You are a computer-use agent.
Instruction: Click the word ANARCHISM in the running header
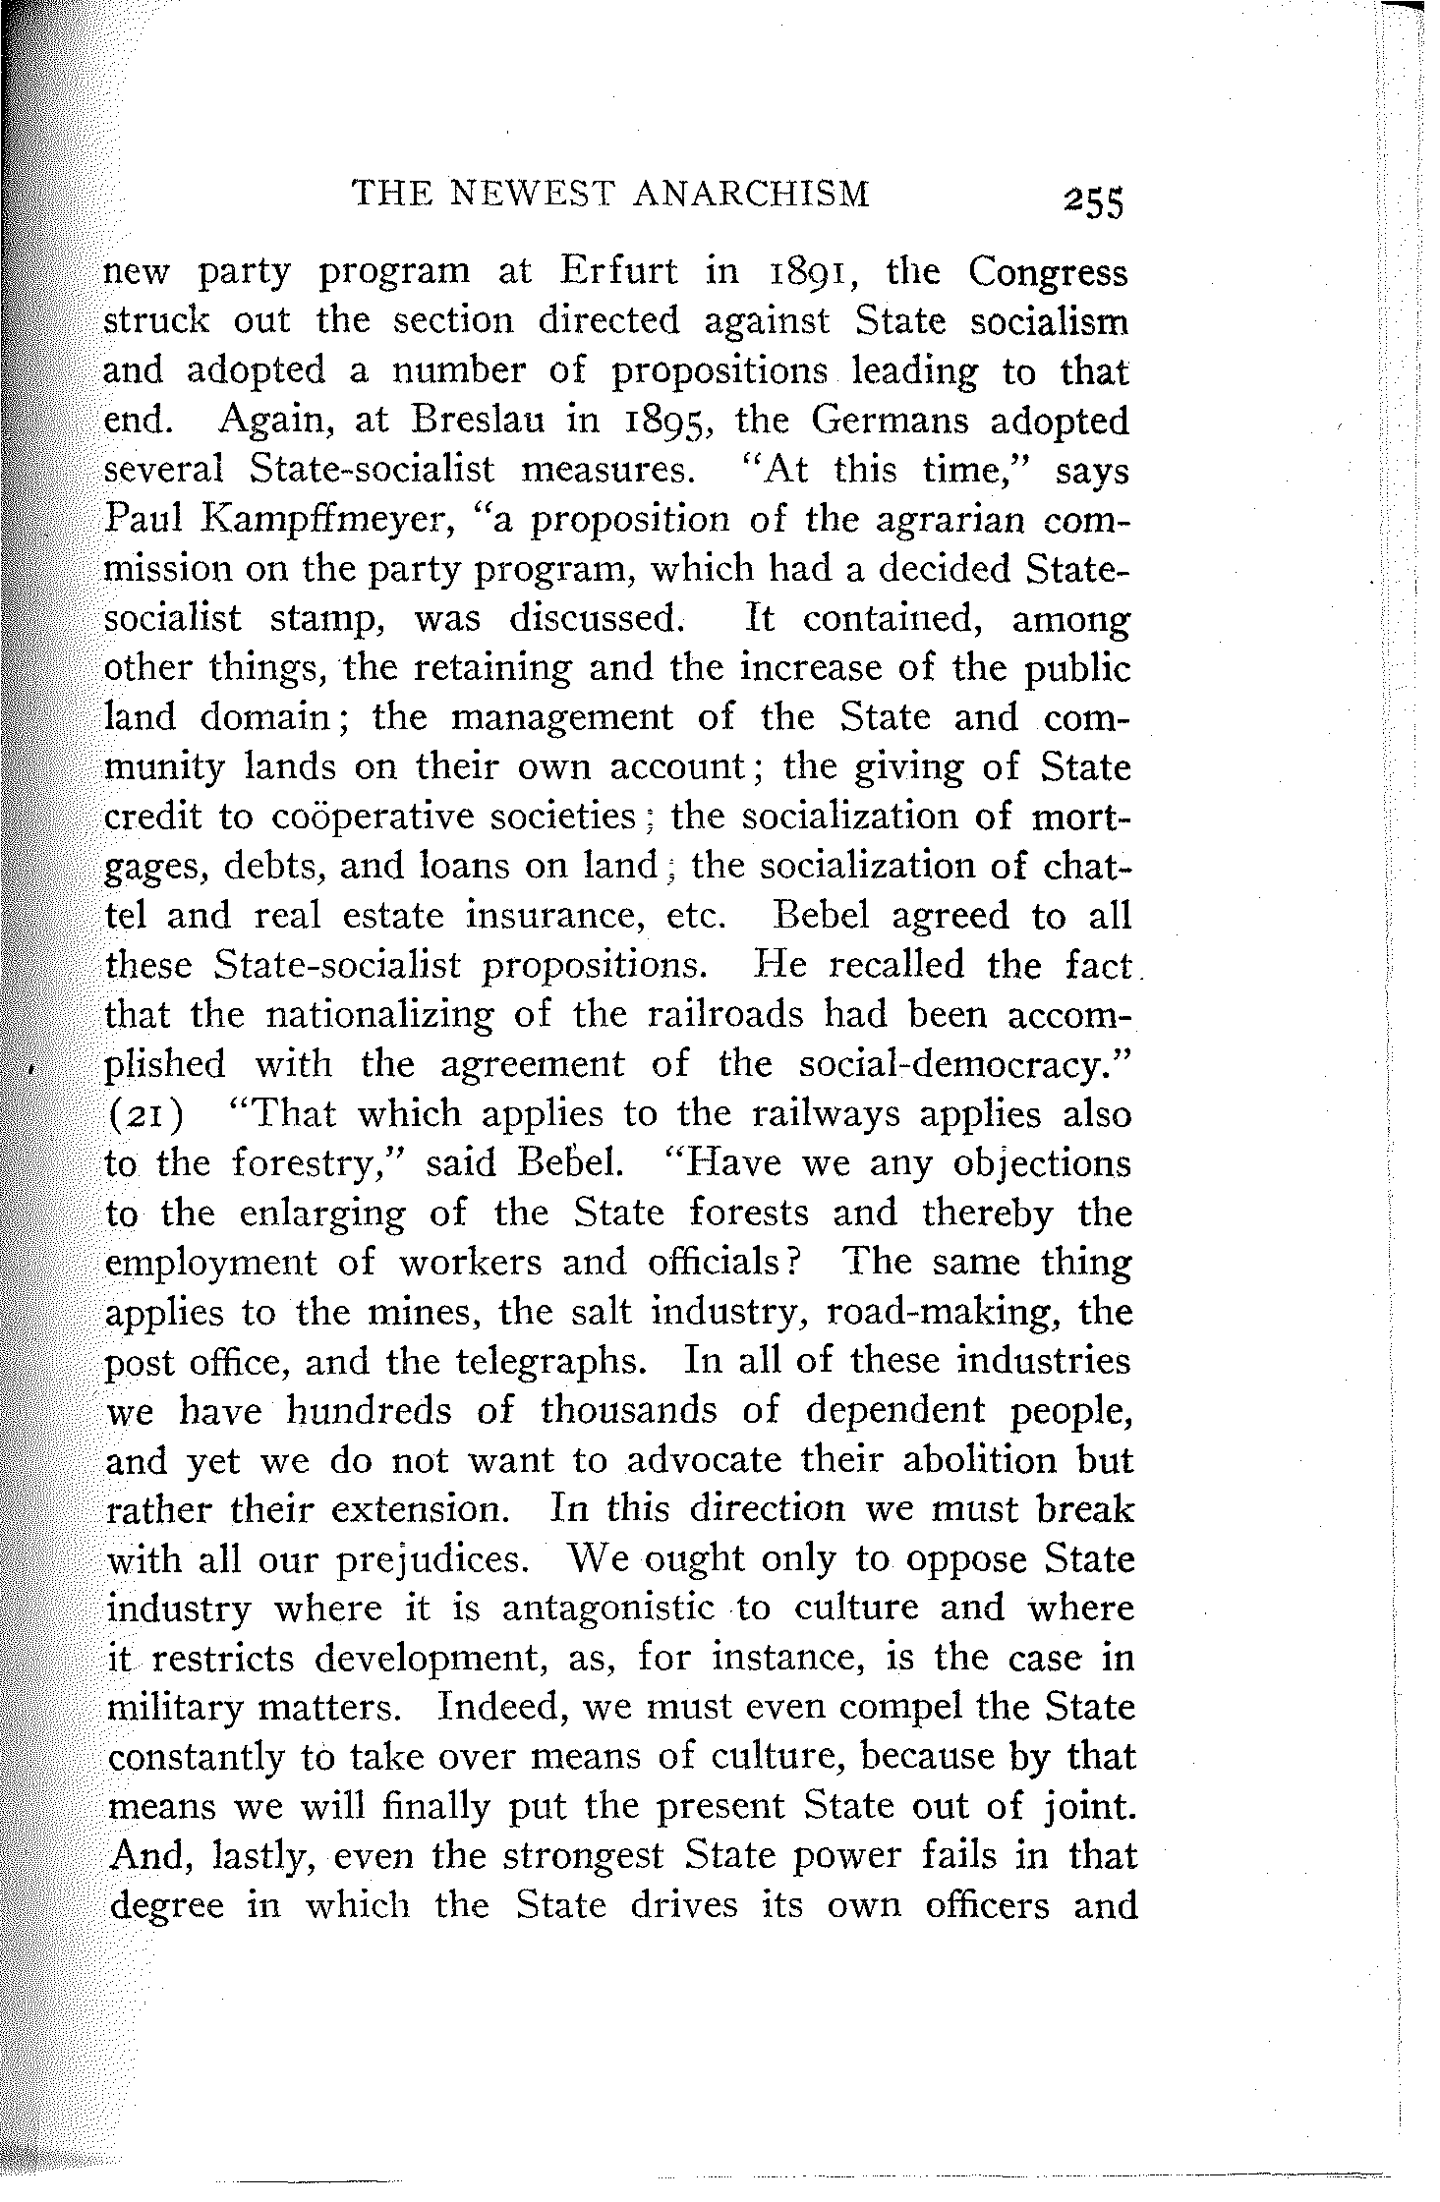(x=752, y=194)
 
